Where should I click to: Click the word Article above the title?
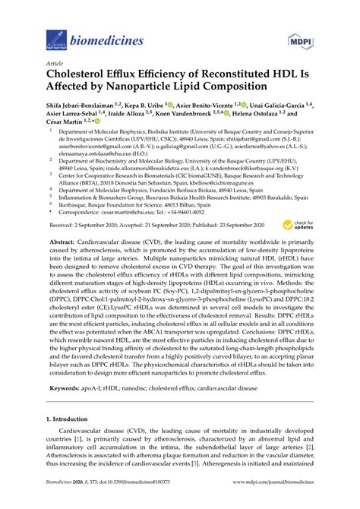pyautogui.click(x=55, y=65)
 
